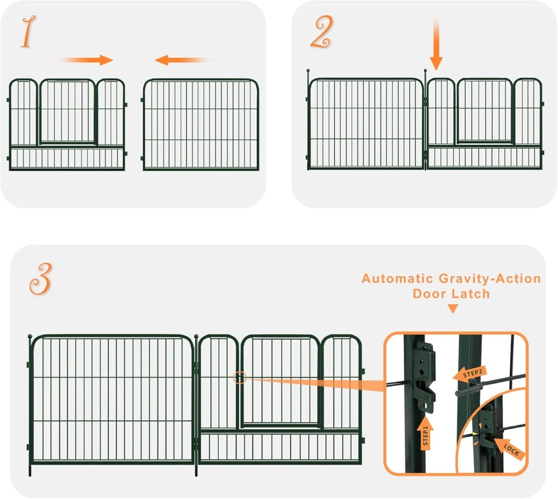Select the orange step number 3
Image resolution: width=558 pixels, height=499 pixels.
point(41,279)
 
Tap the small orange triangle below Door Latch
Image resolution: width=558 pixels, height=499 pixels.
point(452,309)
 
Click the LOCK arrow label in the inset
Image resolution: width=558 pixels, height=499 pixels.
point(511,449)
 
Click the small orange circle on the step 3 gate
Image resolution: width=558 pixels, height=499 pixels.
point(239,378)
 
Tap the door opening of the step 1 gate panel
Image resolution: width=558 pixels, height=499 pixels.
point(67,112)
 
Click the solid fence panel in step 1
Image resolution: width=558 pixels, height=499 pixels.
point(200,125)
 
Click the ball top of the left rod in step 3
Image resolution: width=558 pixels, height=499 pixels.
point(30,336)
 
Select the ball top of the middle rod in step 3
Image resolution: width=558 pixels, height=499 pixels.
point(196,336)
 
